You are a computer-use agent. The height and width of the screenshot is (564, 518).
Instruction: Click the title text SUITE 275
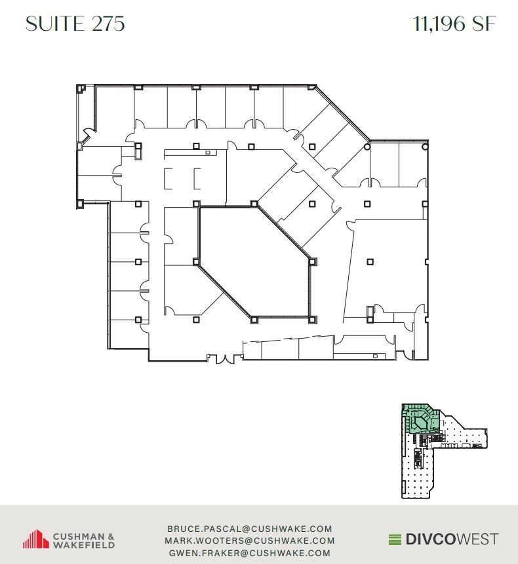pos(75,24)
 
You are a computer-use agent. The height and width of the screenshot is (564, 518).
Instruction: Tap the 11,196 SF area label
pos(454,24)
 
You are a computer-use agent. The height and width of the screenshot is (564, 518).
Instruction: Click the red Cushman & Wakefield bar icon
pos(36,539)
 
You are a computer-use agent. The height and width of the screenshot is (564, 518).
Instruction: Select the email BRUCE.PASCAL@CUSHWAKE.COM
pos(250,529)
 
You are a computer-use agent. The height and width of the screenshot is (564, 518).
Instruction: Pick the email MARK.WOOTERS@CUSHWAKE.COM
pos(250,541)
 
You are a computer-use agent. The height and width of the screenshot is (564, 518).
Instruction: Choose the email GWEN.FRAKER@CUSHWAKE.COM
pos(250,553)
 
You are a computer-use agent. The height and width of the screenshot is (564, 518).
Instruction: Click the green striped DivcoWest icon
pos(394,540)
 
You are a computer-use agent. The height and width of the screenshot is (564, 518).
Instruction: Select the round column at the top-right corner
pos(425,147)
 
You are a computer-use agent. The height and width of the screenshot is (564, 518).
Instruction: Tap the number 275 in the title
pos(108,24)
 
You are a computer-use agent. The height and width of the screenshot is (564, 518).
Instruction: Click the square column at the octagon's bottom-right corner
pos(311,319)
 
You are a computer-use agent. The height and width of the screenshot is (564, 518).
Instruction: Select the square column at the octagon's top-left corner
pos(197,204)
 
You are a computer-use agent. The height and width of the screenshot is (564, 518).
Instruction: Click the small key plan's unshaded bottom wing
pos(416,472)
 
